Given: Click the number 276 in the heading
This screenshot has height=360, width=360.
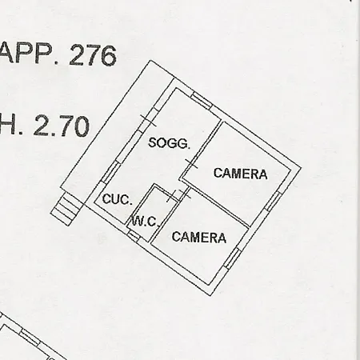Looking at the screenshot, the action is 93,55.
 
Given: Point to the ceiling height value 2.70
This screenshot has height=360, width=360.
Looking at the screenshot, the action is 62,126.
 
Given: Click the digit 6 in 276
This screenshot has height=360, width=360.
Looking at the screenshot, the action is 109,56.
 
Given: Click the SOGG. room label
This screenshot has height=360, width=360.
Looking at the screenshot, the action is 170,143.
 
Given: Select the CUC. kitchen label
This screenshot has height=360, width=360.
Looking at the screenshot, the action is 118,199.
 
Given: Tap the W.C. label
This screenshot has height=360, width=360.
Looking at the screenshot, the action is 146,221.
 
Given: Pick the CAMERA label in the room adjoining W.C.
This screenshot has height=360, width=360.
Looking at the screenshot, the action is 199,237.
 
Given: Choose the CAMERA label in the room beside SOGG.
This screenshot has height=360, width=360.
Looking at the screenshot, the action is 240,174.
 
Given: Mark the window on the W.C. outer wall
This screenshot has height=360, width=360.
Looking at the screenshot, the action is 134,235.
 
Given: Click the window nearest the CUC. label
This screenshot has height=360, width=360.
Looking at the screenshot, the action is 110,172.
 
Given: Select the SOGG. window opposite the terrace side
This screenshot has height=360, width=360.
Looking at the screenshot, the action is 202,101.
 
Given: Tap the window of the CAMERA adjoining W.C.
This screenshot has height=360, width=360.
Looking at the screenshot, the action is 233,258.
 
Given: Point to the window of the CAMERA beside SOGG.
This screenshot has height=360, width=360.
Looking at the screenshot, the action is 273,202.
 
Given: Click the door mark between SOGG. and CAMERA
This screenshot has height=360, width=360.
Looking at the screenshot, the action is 191,164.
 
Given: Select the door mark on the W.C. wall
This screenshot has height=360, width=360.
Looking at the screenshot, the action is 173,196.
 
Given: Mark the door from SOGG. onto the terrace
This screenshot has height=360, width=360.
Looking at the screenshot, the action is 148,121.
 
